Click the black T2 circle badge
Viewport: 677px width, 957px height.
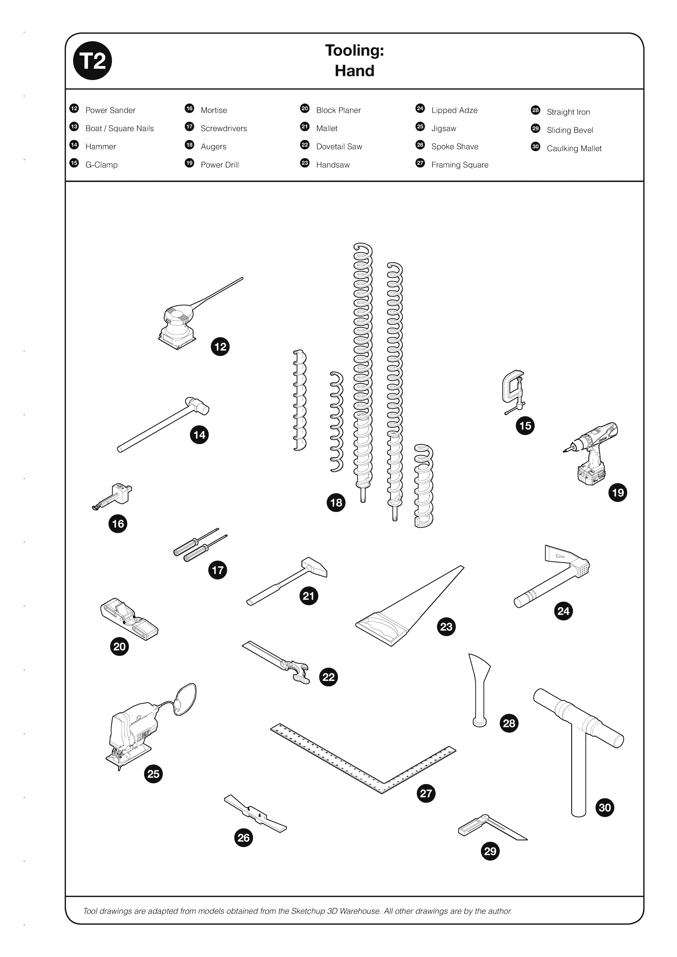click(x=92, y=61)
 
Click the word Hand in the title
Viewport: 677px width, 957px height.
click(x=354, y=71)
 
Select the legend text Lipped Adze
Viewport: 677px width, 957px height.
click(x=454, y=110)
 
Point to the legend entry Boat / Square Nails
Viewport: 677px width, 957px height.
click(x=119, y=128)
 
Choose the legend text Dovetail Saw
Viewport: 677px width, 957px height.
click(x=339, y=147)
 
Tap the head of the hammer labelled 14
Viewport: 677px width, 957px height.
click(x=197, y=405)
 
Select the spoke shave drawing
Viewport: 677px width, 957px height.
click(x=255, y=814)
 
